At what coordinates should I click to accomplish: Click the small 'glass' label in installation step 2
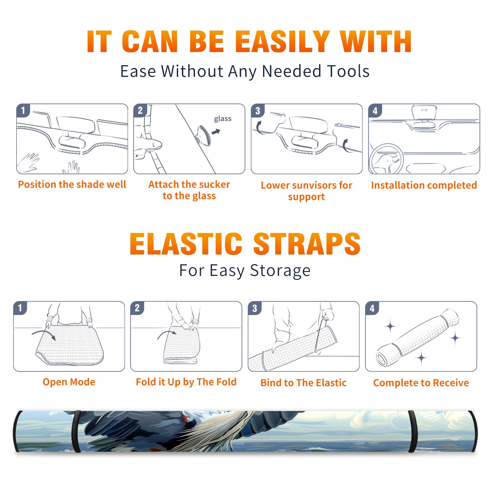(223, 119)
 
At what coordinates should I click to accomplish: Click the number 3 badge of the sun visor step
(258, 111)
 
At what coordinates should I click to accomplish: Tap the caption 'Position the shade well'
(72, 184)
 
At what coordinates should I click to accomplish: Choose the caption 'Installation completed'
(424, 185)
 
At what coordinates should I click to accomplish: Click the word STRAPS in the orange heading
(307, 244)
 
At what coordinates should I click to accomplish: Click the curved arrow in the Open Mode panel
(44, 334)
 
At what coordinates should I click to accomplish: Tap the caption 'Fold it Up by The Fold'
(186, 382)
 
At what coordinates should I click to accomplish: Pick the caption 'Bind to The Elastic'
(303, 383)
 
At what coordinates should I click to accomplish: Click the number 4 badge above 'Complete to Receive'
(372, 308)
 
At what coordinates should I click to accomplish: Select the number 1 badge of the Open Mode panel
(20, 308)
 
